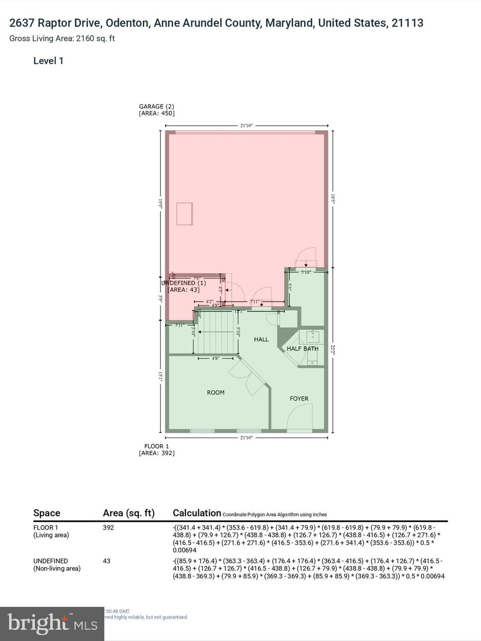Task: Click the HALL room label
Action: click(x=261, y=339)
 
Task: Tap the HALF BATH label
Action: click(x=302, y=348)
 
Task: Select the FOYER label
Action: click(x=299, y=399)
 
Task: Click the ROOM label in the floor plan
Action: click(x=215, y=392)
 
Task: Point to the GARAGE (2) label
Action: click(x=157, y=106)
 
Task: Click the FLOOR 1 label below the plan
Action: click(x=157, y=446)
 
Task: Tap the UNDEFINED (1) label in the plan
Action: click(x=184, y=283)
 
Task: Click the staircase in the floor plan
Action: click(x=216, y=332)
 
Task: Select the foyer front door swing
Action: click(x=299, y=417)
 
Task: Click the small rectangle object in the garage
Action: click(x=184, y=214)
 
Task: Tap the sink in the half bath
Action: click(x=312, y=336)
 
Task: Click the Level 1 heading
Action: click(x=48, y=61)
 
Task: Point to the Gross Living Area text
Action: click(x=62, y=38)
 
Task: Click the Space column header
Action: click(x=47, y=513)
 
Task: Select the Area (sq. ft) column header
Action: click(x=129, y=513)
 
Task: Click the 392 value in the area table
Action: click(x=108, y=527)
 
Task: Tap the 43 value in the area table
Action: click(x=106, y=561)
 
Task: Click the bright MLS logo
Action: click(x=52, y=623)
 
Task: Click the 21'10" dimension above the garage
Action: click(x=246, y=125)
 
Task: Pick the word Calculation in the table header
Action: click(x=197, y=513)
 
